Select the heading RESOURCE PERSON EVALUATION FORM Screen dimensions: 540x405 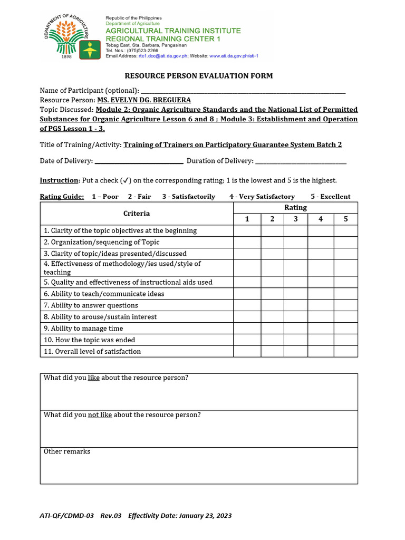point(199,76)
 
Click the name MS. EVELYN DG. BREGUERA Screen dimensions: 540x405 point(144,100)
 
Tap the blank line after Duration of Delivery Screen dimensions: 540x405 point(301,161)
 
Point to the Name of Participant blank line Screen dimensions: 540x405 point(243,91)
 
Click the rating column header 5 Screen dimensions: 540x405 point(346,219)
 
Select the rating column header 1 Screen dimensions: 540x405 point(247,219)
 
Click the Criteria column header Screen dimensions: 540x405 point(137,214)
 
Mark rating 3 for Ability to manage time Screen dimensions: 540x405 point(296,329)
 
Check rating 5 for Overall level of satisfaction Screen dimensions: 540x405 point(346,352)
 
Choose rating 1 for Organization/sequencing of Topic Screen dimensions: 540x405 point(247,242)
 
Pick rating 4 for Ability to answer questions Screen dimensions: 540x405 point(321,305)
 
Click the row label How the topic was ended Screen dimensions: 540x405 point(89,340)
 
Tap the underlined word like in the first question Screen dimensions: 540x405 point(94,378)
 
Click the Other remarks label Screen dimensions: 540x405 point(67,451)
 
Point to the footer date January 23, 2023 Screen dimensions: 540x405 point(205,516)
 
